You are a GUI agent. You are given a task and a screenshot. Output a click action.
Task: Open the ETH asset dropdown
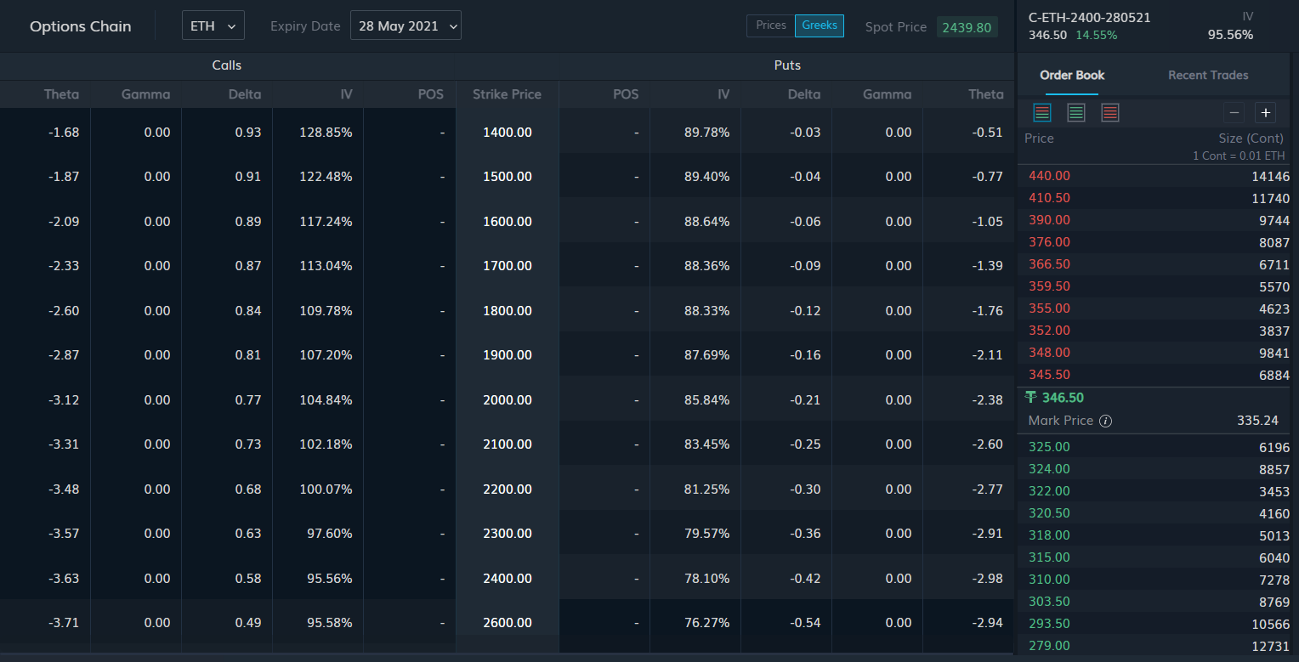(x=213, y=25)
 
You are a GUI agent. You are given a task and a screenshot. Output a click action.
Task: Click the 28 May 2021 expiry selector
(x=406, y=25)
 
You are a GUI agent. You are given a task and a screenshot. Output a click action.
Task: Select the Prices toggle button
(x=771, y=25)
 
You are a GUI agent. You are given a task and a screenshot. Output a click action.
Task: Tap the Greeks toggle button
(x=820, y=25)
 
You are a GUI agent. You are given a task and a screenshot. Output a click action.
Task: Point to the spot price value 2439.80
(x=967, y=27)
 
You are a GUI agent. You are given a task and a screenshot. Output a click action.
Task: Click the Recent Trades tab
(x=1208, y=75)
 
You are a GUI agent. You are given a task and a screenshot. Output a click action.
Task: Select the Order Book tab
(x=1072, y=75)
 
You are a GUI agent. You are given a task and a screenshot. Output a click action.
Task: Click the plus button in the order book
(x=1265, y=112)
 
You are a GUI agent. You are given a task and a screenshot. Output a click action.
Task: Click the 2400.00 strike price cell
(x=508, y=578)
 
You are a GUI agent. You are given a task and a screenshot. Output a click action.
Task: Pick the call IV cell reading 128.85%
(x=326, y=133)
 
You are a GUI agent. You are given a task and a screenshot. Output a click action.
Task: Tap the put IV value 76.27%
(x=706, y=623)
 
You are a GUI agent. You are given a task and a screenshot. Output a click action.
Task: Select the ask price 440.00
(x=1049, y=176)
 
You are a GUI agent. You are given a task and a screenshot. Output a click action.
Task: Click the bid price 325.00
(x=1049, y=447)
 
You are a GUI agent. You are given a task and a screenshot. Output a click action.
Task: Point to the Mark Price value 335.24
(x=1257, y=421)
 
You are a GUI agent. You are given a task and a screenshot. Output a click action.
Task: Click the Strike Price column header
(x=507, y=94)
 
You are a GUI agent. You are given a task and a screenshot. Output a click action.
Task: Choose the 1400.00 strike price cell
(x=508, y=133)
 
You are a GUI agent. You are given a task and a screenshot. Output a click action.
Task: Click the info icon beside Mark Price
(x=1105, y=421)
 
